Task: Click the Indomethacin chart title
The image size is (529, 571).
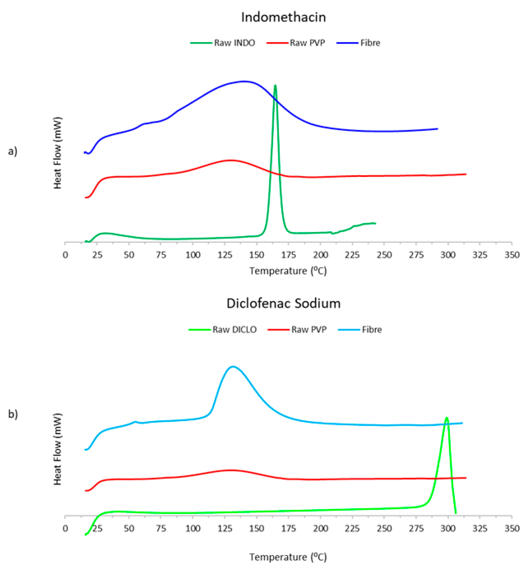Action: (x=283, y=17)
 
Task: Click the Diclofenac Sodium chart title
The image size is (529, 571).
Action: (x=283, y=303)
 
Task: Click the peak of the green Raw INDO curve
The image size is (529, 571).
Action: (x=275, y=85)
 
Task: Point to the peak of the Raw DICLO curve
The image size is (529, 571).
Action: (x=446, y=418)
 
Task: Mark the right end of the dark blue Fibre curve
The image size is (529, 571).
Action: (x=437, y=129)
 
